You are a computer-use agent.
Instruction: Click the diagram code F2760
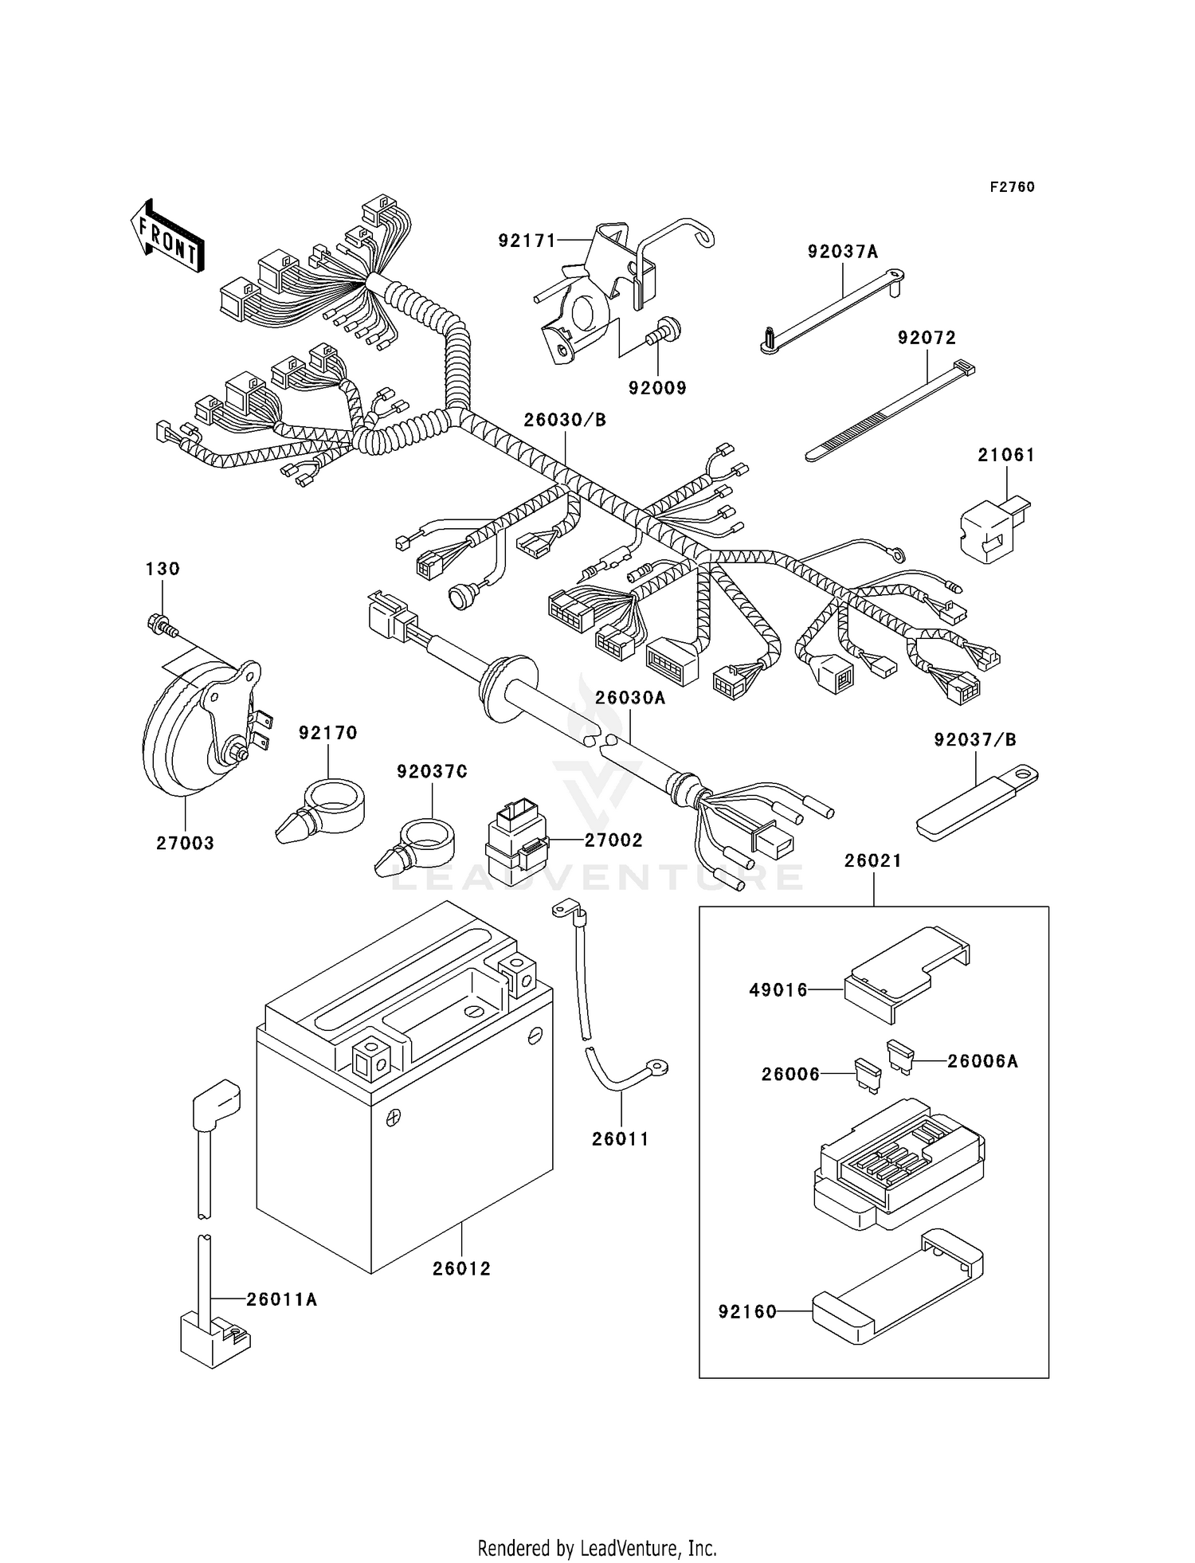click(x=1012, y=187)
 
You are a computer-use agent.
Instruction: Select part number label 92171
click(x=527, y=241)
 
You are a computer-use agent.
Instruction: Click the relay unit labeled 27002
click(x=516, y=840)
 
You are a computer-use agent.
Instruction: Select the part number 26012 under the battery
click(x=461, y=1268)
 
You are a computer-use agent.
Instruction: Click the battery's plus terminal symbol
click(x=392, y=1118)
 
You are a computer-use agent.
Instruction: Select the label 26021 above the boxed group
click(x=873, y=861)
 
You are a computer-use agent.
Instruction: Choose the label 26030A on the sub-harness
click(x=629, y=698)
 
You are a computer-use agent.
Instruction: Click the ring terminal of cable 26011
click(x=658, y=1066)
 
